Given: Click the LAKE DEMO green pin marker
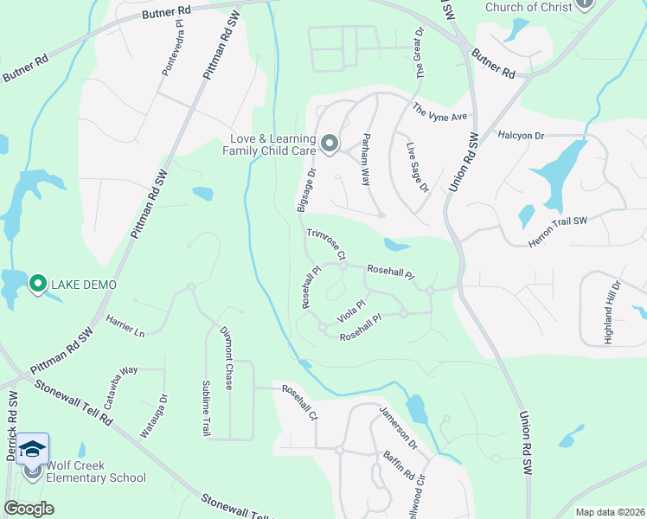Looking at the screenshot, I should click(37, 283).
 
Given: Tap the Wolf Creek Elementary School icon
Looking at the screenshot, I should click(33, 469).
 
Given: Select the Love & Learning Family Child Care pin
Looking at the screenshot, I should click(329, 144).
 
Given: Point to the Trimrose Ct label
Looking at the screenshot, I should click(326, 245).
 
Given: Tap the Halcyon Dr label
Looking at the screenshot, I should click(521, 136).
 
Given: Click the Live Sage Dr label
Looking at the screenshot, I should click(417, 168).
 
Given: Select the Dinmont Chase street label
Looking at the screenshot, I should click(226, 357).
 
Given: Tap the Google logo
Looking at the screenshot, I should click(29, 509).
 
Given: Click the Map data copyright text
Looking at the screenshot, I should click(609, 512).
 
